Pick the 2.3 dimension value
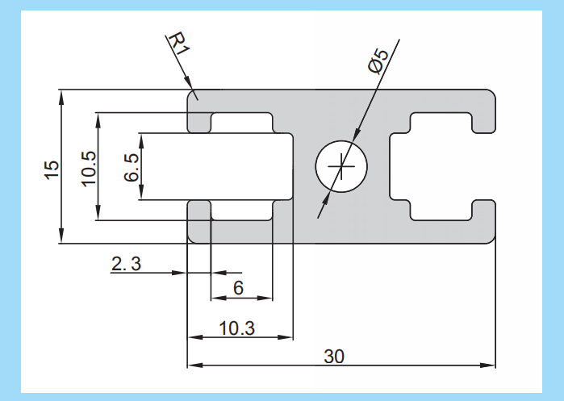click(x=126, y=264)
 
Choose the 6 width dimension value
click(x=239, y=288)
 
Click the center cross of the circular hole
click(x=341, y=168)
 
